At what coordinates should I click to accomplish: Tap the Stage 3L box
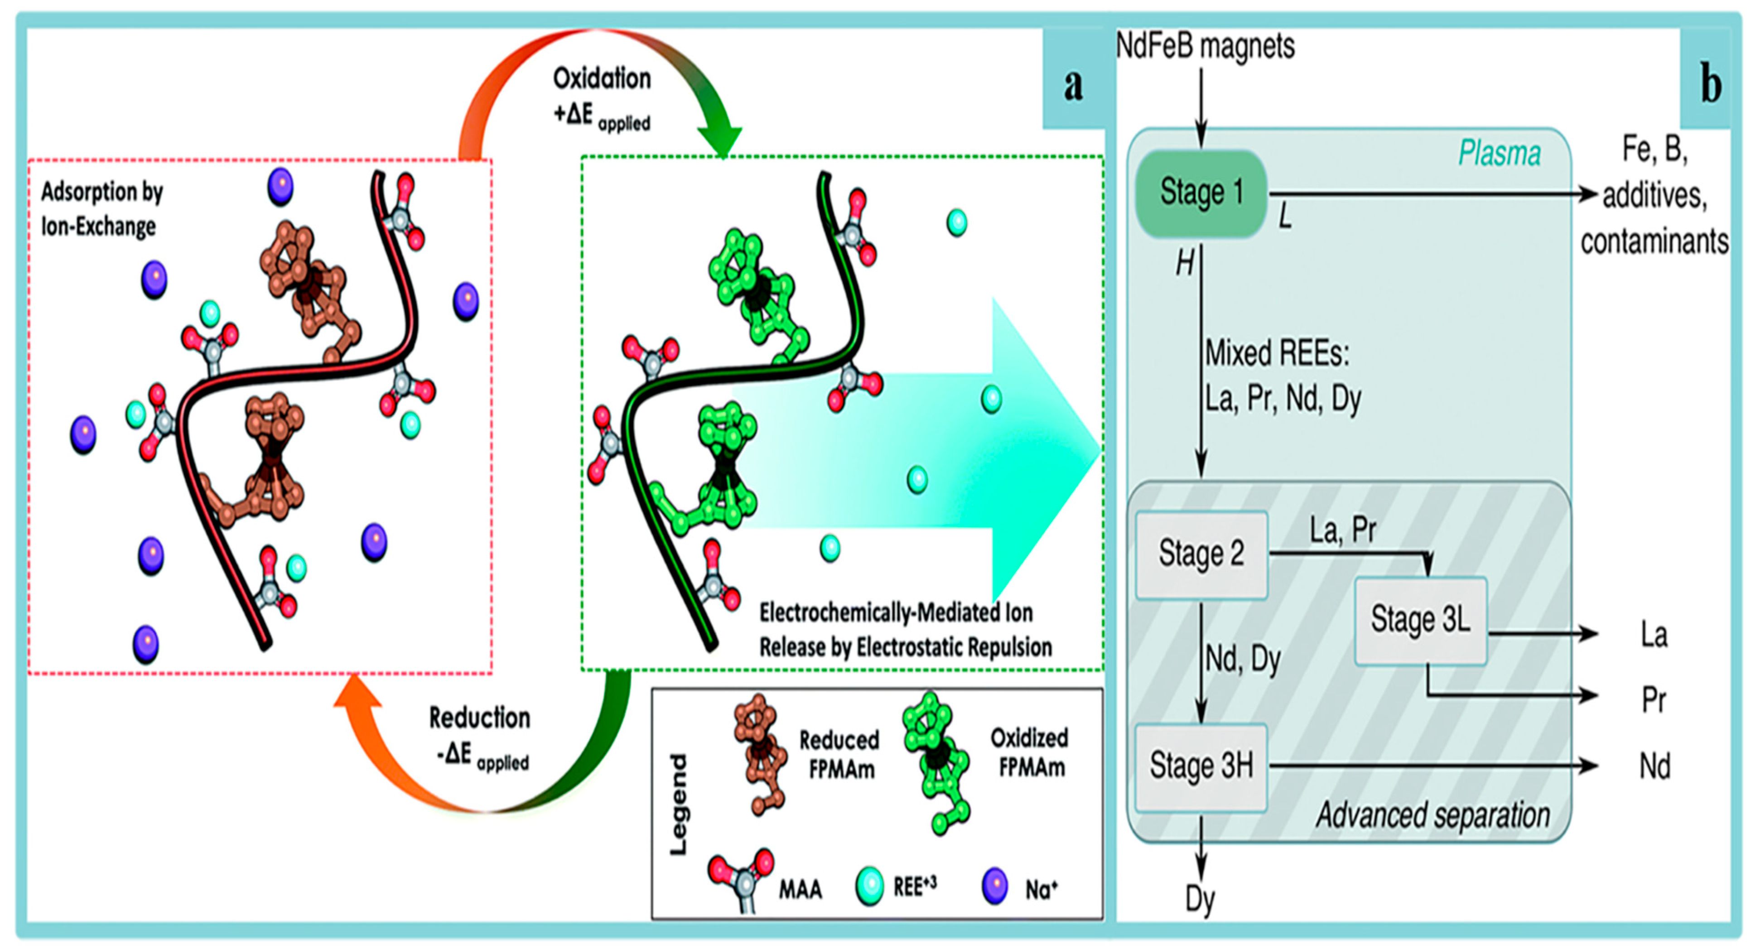coord(1421,621)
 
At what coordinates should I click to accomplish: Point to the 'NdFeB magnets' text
coord(1205,46)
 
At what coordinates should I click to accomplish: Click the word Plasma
coord(1499,153)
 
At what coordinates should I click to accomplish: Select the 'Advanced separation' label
coord(1433,815)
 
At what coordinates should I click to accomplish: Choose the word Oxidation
coord(602,79)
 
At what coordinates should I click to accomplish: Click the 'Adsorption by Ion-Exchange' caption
coord(102,209)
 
